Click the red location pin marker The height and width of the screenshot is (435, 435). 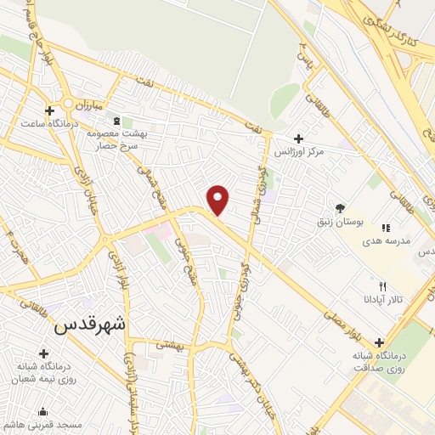[x=218, y=200]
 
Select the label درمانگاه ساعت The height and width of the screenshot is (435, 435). [x=50, y=124]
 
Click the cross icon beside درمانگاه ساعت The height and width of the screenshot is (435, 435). [x=50, y=110]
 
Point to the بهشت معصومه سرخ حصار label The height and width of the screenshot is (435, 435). [x=116, y=139]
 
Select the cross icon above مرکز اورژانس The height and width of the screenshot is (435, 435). [x=297, y=138]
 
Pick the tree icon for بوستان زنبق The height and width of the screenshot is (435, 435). [x=341, y=207]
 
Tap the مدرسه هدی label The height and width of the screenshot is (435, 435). [x=387, y=240]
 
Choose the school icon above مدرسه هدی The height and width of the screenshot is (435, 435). [x=386, y=228]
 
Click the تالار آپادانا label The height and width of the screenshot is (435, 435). [x=383, y=299]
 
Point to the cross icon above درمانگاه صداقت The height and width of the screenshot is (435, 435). [x=379, y=342]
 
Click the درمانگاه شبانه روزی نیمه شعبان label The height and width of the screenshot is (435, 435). [x=44, y=373]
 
